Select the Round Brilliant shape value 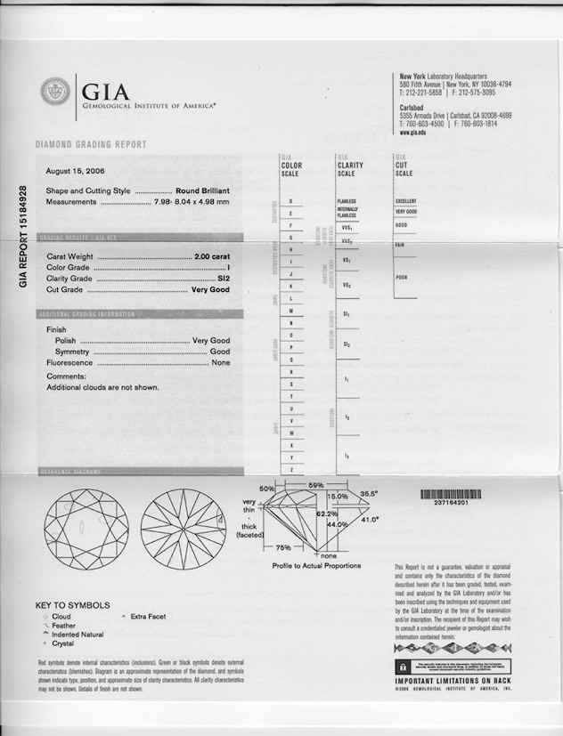[x=202, y=190]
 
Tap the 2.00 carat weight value [x=212, y=256]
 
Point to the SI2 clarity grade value [x=222, y=279]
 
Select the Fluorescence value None [x=220, y=363]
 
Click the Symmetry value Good [x=219, y=352]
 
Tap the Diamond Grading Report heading [x=91, y=144]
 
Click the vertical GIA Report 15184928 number [x=23, y=236]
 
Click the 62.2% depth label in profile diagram [x=326, y=514]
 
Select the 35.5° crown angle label [x=369, y=493]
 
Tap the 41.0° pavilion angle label [x=369, y=519]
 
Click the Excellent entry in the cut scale [x=406, y=201]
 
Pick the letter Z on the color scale [x=291, y=469]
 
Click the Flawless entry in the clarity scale [x=347, y=201]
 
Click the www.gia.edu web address [x=412, y=133]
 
